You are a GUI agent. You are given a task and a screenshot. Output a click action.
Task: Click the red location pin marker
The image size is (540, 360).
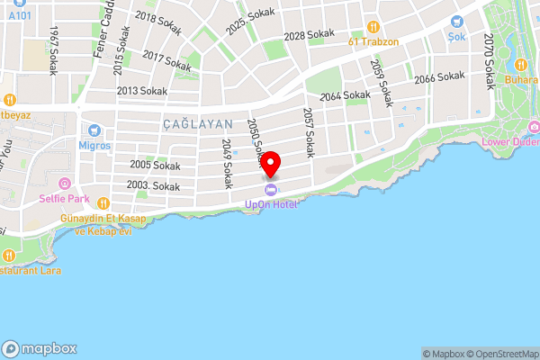pyautogui.click(x=271, y=165)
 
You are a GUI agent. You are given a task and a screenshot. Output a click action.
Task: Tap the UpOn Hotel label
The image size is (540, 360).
pyautogui.click(x=271, y=203)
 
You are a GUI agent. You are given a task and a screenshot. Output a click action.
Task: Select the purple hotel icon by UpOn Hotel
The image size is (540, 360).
pyautogui.click(x=271, y=189)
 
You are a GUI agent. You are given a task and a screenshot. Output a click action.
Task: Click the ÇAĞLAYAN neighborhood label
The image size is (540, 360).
pyautogui.click(x=198, y=124)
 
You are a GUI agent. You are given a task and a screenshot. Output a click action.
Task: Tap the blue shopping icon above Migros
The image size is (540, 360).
pyautogui.click(x=94, y=130)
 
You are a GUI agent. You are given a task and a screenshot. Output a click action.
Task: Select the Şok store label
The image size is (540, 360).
pyautogui.click(x=458, y=38)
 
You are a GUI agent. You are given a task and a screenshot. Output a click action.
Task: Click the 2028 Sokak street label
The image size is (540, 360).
pyautogui.click(x=309, y=35)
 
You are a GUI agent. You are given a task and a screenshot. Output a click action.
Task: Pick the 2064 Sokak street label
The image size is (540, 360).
pyautogui.click(x=345, y=95)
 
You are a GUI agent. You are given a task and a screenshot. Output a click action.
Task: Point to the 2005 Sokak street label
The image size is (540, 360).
pyautogui.click(x=155, y=165)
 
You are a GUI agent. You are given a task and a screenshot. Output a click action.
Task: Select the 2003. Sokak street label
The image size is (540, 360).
pyautogui.click(x=153, y=185)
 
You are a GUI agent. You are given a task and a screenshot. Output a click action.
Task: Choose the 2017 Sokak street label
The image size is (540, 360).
pyautogui.click(x=166, y=61)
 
